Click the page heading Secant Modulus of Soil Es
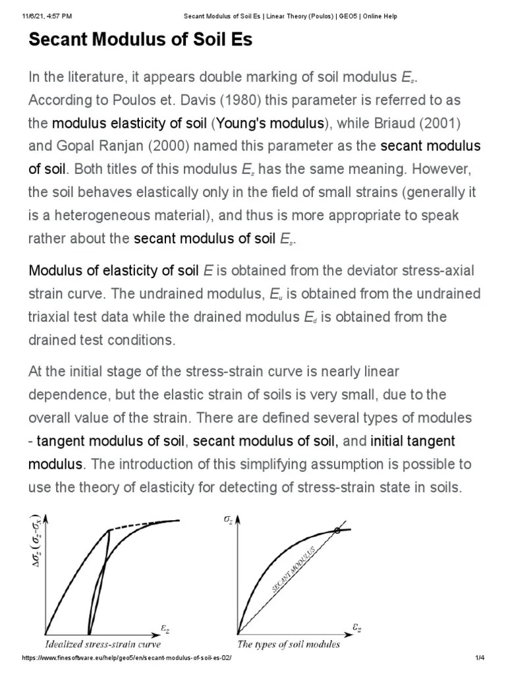click(140, 40)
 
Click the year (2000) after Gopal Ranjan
click(139, 146)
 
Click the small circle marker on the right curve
click(338, 530)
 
